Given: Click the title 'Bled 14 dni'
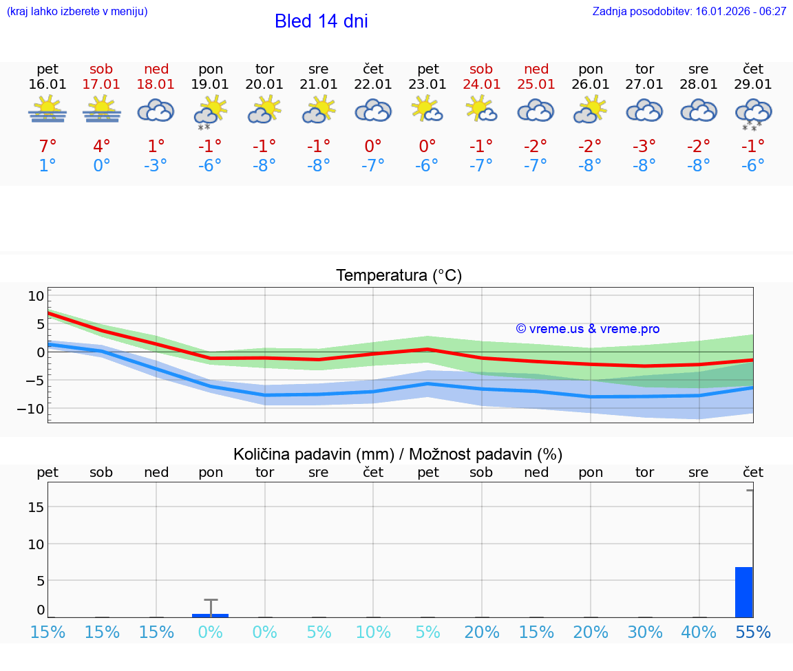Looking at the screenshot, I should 321,21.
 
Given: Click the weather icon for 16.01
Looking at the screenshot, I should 47,110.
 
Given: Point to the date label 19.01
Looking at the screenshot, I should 211,84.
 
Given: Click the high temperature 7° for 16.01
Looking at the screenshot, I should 47,146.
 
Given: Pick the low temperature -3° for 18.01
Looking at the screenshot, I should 156,166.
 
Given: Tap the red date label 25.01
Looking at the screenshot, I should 536,84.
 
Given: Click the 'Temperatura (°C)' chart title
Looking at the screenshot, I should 399,276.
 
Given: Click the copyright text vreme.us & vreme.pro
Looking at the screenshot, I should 588,329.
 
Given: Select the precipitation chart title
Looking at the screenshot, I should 398,454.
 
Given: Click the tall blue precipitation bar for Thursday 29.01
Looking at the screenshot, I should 743,592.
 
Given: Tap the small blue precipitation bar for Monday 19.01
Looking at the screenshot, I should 210,615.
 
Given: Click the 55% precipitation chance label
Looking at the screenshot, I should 753,632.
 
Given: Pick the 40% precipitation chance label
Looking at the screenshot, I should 699,632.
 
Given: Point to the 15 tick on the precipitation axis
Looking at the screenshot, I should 36,507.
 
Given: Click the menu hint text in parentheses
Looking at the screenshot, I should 77,11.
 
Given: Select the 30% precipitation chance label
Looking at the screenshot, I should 645,632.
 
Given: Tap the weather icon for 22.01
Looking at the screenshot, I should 373,111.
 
